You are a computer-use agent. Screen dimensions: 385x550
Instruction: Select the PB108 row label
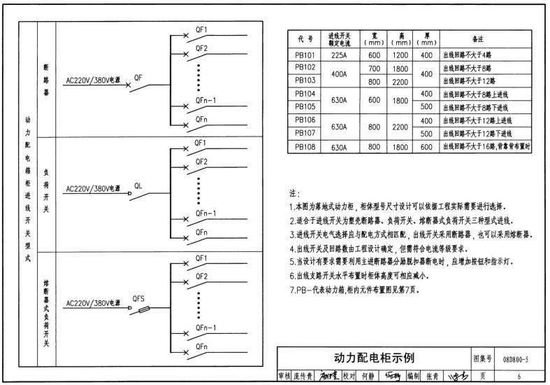point(305,146)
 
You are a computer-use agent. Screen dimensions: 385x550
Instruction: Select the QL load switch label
point(138,185)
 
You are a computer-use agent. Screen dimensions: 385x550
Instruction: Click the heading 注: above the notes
point(294,192)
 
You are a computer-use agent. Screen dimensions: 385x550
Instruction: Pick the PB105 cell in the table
point(305,107)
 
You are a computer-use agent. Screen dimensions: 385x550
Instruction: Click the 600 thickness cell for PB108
point(426,146)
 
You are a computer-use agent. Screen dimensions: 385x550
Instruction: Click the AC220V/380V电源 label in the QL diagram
point(92,189)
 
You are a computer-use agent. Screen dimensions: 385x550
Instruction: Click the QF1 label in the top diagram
point(202,31)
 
